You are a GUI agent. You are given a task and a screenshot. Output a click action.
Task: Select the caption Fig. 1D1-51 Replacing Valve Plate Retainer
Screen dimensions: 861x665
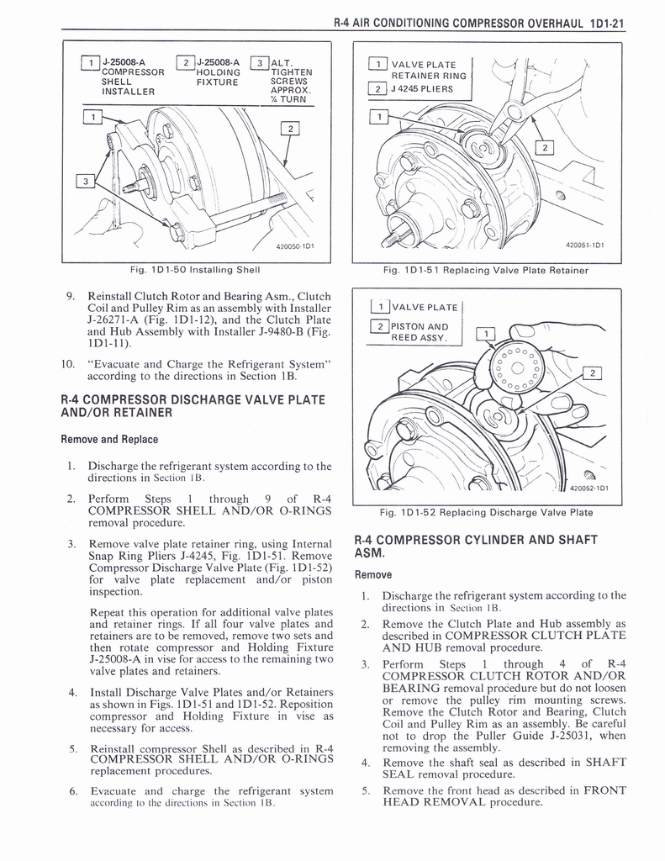click(485, 270)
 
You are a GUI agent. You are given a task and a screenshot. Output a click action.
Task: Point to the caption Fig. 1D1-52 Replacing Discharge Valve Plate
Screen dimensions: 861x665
click(486, 512)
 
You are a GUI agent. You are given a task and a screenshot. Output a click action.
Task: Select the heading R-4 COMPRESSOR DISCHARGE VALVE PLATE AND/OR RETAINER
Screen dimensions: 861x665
click(193, 405)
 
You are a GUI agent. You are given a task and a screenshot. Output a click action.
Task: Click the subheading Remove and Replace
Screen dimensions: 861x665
click(109, 439)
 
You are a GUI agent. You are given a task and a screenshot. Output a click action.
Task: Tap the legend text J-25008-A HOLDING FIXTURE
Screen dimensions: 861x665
click(218, 71)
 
